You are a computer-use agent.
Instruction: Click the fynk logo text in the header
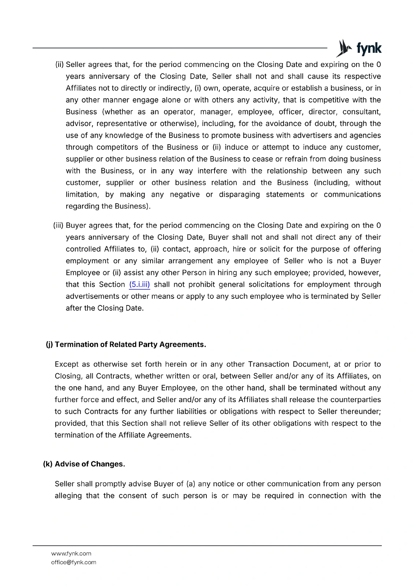pyautogui.click(x=369, y=48)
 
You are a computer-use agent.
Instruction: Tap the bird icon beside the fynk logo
pyautogui.click(x=344, y=48)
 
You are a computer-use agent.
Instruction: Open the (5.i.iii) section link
pyautogui.click(x=139, y=285)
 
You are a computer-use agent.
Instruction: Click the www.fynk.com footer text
pyautogui.click(x=71, y=553)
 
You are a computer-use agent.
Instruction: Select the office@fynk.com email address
pyautogui.click(x=74, y=562)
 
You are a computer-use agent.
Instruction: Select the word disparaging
pyautogui.click(x=239, y=194)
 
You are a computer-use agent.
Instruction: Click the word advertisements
pyautogui.click(x=92, y=296)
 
